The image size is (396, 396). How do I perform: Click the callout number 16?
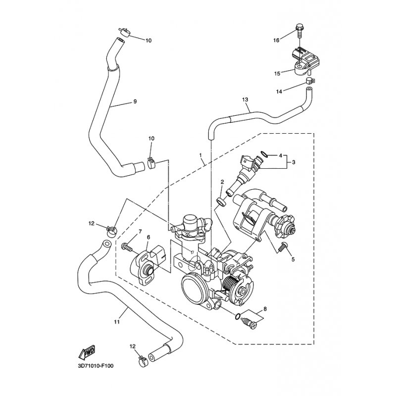pyautogui.click(x=276, y=39)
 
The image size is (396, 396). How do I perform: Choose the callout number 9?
pyautogui.click(x=134, y=102)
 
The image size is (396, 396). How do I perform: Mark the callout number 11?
pyautogui.click(x=116, y=322)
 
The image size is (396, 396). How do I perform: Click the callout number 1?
pyautogui.click(x=201, y=155)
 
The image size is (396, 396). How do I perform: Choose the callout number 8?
pyautogui.click(x=265, y=309)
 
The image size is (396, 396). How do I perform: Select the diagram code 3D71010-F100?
pyautogui.click(x=95, y=366)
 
